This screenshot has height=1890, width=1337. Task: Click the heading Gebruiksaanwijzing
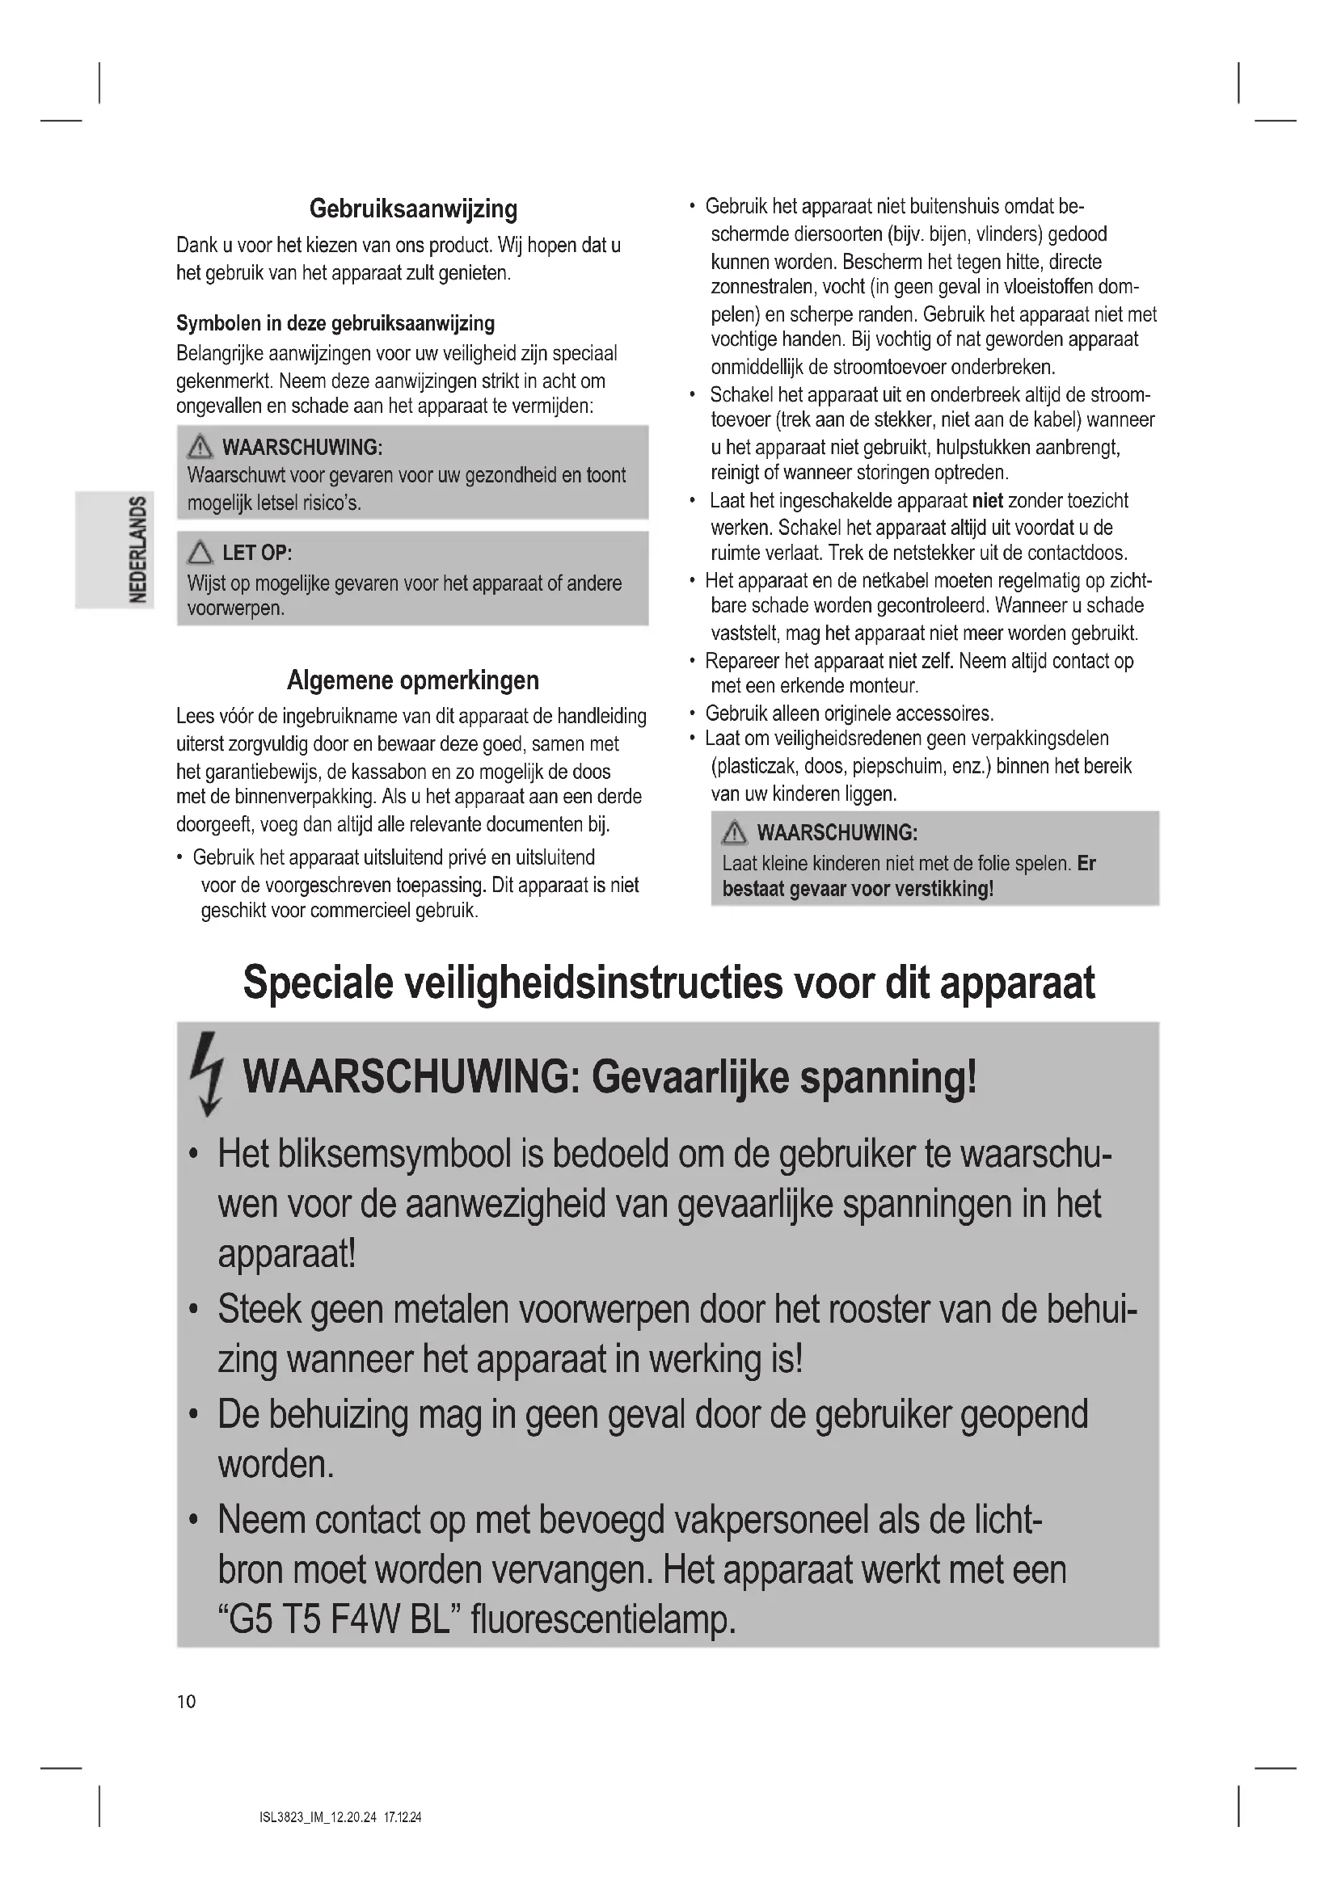pyautogui.click(x=413, y=209)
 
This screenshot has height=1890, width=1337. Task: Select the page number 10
pyautogui.click(x=187, y=1702)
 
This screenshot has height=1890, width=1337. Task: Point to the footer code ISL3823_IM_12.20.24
pyautogui.click(x=318, y=1816)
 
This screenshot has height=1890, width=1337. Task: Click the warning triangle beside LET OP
pyautogui.click(x=199, y=553)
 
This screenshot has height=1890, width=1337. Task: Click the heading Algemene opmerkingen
pyautogui.click(x=413, y=680)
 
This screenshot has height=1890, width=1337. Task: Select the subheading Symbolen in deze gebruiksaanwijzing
pyautogui.click(x=335, y=323)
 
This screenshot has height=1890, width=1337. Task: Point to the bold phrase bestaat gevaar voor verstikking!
pyautogui.click(x=858, y=889)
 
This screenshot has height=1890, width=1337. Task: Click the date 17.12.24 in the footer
pyautogui.click(x=403, y=1816)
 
